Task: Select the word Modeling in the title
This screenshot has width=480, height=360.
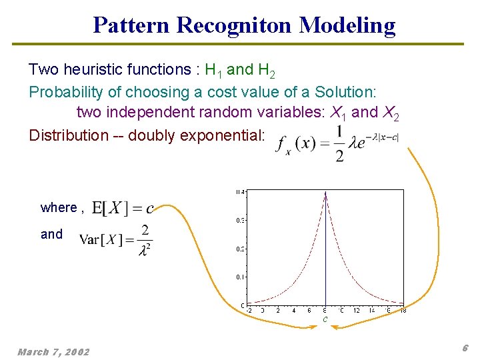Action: [x=347, y=25]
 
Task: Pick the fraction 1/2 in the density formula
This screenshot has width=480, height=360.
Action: [x=341, y=143]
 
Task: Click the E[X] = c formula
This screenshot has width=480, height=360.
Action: [x=123, y=208]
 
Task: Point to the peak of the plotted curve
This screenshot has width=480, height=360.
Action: [x=325, y=193]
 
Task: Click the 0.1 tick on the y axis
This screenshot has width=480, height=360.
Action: [x=240, y=276]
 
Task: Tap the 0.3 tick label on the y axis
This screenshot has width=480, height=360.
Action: [x=240, y=220]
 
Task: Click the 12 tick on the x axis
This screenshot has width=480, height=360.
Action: [x=357, y=310]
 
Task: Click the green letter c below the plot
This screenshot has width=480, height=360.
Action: [x=325, y=320]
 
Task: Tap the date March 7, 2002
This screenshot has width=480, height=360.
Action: [x=53, y=351]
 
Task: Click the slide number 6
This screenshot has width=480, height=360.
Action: [x=465, y=348]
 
